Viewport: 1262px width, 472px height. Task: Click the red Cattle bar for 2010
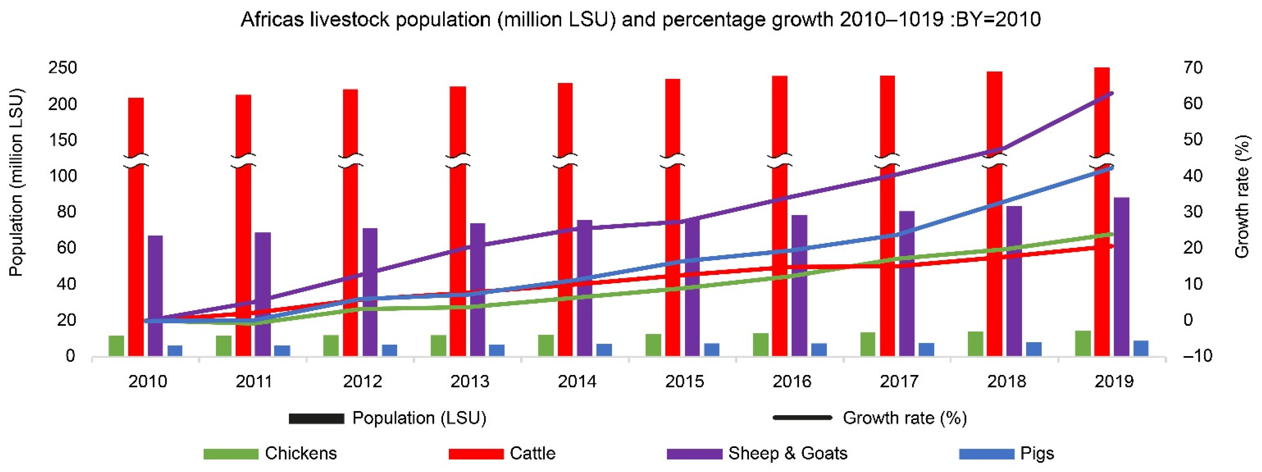pyautogui.click(x=136, y=225)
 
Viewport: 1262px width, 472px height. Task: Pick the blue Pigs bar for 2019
pyautogui.click(x=1141, y=348)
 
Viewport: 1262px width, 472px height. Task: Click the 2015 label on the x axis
pyautogui.click(x=684, y=381)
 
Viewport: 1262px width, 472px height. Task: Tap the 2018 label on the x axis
pyautogui.click(x=1007, y=381)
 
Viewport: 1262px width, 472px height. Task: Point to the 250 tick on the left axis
pyautogui.click(x=63, y=68)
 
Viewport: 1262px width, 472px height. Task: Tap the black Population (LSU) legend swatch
pyautogui.click(x=317, y=418)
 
